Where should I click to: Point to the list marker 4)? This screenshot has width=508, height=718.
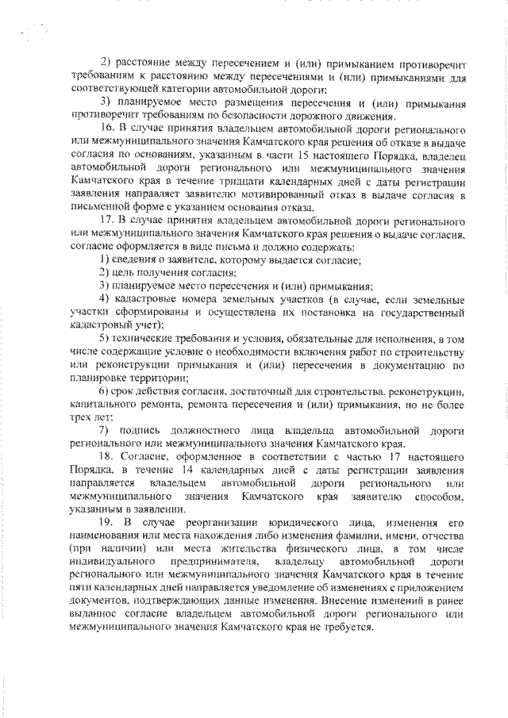tap(106, 298)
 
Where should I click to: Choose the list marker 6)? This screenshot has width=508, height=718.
tap(105, 391)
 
